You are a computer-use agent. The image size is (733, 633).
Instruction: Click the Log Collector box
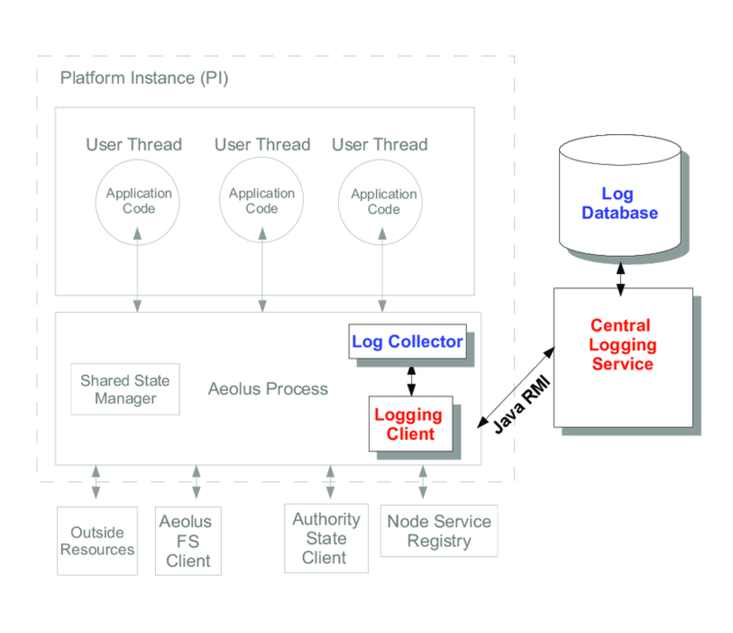407,341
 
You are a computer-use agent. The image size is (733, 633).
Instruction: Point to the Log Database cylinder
620,203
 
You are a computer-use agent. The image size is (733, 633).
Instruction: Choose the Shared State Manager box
125,389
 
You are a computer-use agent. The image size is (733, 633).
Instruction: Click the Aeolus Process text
268,389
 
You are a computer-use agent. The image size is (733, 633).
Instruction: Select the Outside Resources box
97,540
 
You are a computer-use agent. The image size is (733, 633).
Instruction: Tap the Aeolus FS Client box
188,541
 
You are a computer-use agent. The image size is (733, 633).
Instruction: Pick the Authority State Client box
326,538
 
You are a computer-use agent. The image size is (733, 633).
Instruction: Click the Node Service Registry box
438,531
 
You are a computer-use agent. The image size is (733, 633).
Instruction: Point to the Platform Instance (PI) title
144,78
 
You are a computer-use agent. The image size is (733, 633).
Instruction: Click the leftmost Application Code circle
138,201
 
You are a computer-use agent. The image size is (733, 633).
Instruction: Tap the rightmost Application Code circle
380,201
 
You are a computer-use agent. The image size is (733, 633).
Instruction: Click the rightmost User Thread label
379,145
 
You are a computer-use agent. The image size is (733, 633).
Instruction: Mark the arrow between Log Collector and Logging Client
411,381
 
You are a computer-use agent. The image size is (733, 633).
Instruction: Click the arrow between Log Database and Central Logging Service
621,279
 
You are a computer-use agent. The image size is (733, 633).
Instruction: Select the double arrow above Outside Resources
96,482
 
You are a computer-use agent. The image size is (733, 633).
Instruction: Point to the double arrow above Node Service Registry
423,482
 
